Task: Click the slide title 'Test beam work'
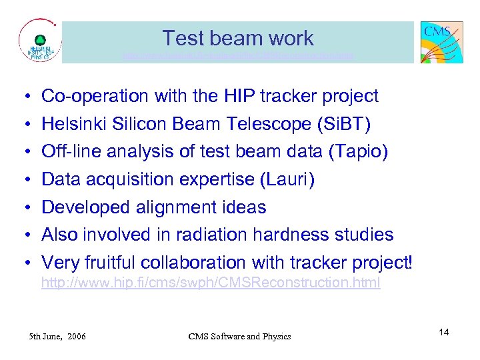pos(238,38)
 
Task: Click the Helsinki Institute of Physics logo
pos(39,42)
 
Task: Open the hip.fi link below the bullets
pos(211,283)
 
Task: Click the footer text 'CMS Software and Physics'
pos(239,336)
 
